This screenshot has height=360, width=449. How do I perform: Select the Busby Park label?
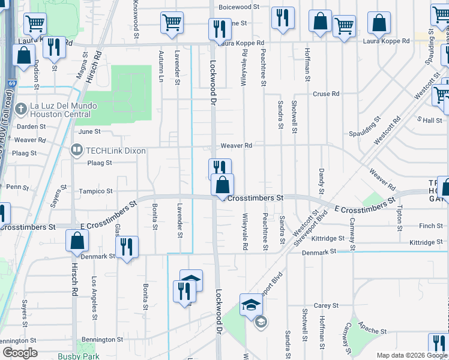[79, 356]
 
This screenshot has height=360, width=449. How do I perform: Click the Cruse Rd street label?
[326, 94]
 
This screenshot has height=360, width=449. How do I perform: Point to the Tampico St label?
[96, 191]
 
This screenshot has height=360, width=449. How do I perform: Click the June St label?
[89, 131]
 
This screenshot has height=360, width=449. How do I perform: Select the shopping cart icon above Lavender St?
[172, 23]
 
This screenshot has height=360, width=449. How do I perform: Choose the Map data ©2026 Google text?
[412, 355]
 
